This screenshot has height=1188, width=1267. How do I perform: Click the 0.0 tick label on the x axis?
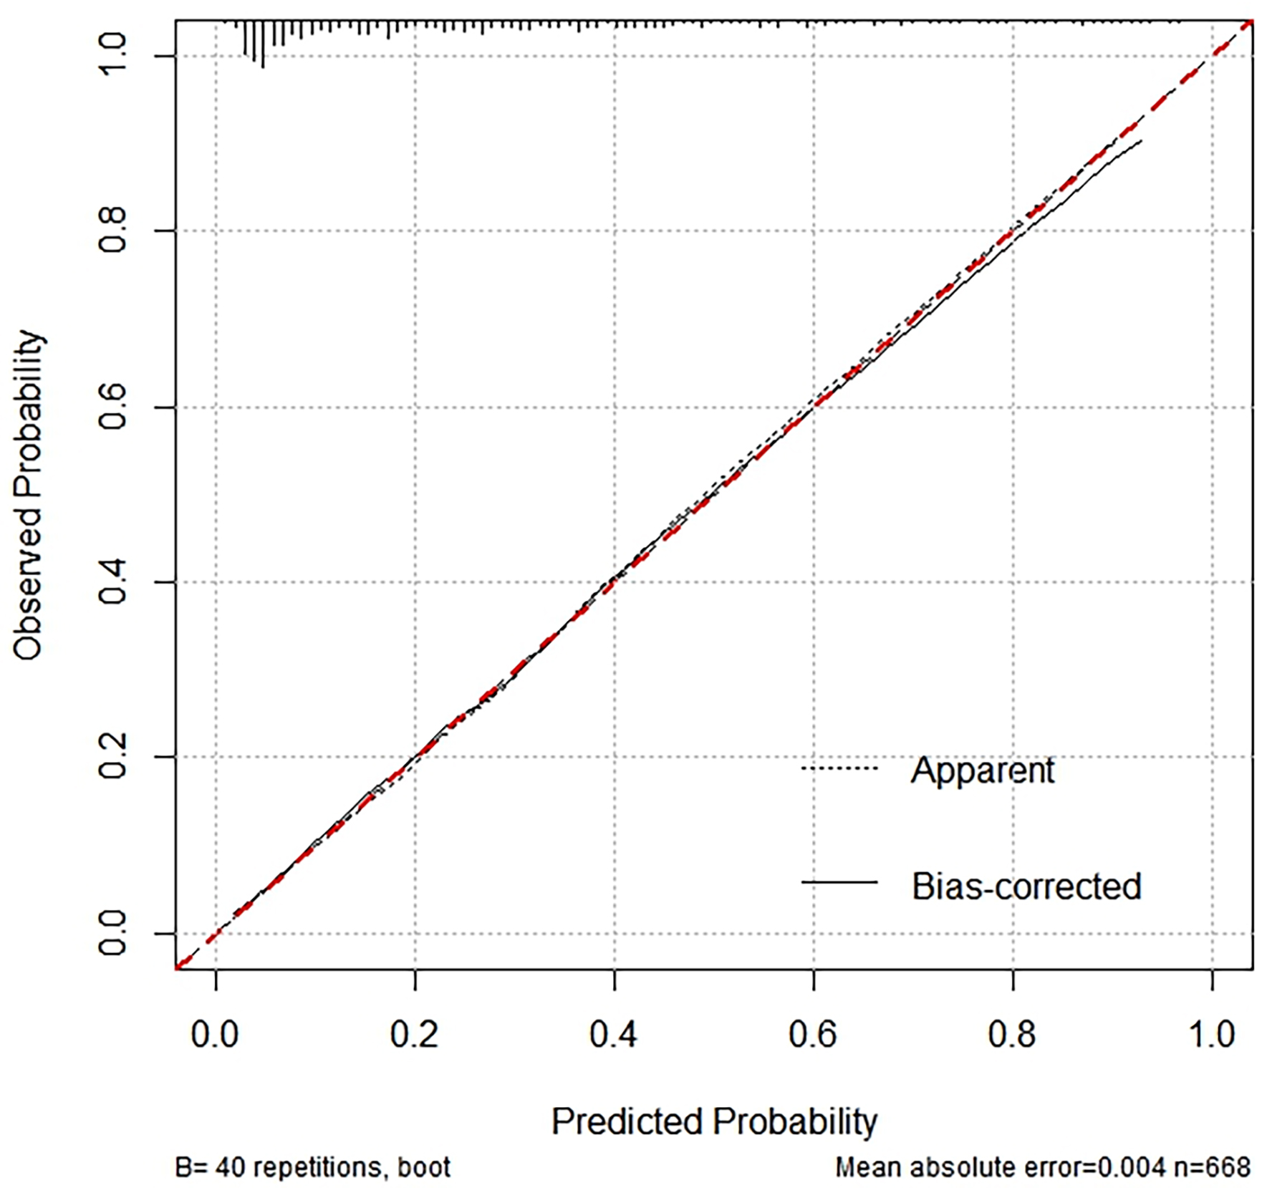click(x=215, y=1035)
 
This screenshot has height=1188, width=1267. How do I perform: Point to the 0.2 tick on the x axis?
click(x=414, y=1035)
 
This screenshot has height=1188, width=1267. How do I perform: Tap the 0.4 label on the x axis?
click(x=614, y=1035)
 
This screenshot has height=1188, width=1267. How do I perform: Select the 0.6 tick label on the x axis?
click(x=813, y=1035)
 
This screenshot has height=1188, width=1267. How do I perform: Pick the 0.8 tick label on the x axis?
click(x=1012, y=1035)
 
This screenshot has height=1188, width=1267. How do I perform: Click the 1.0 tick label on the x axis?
click(x=1212, y=1035)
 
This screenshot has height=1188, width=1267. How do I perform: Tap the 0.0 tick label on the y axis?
click(x=112, y=933)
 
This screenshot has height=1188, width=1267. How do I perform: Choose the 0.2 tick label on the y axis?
click(x=112, y=757)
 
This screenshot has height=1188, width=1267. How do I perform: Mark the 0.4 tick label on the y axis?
click(x=112, y=581)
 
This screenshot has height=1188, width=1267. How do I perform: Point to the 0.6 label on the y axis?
click(x=112, y=407)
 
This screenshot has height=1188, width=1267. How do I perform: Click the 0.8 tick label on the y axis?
click(x=112, y=231)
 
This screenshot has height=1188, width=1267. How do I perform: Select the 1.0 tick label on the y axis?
click(x=112, y=55)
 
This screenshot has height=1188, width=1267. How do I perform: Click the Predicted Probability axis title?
click(x=714, y=1121)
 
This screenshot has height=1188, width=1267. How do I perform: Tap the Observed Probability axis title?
click(x=29, y=494)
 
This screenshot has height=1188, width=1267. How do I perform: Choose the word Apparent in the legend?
click(x=982, y=771)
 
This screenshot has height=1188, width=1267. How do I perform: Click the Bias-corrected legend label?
click(x=1026, y=887)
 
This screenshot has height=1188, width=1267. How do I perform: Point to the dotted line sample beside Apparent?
click(x=839, y=768)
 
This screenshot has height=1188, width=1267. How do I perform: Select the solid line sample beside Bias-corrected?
click(x=839, y=882)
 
